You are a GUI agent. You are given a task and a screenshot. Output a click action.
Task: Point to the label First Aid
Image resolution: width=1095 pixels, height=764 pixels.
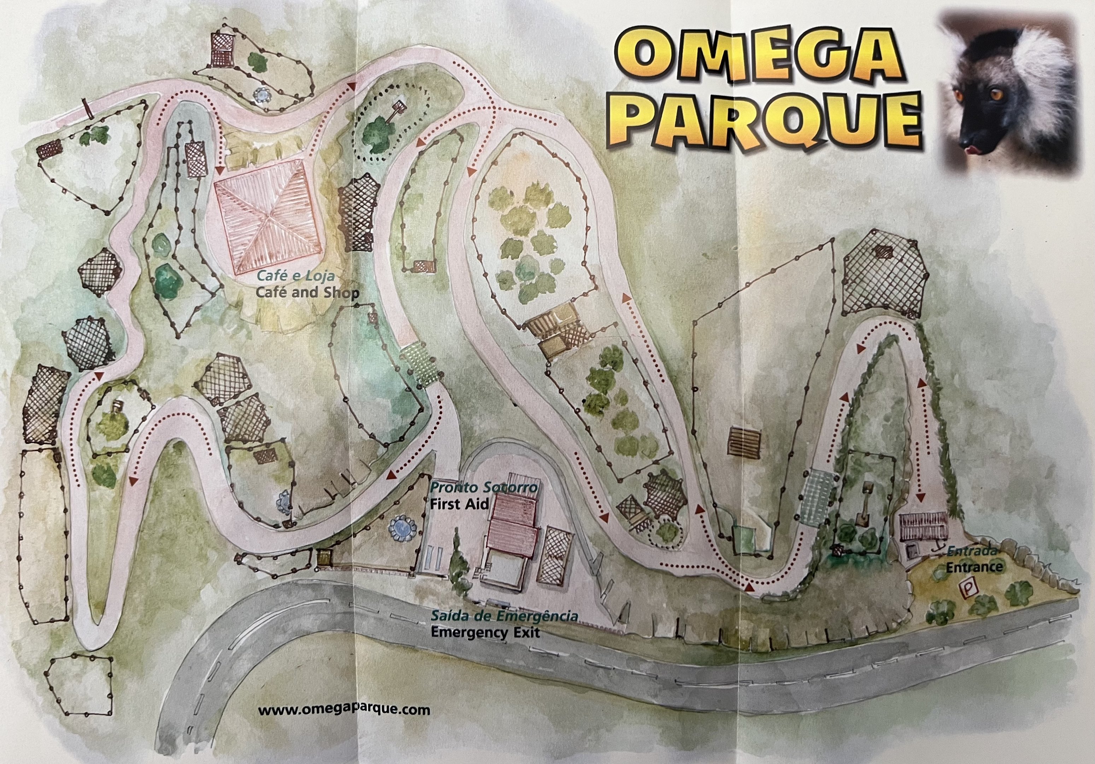coord(459,504)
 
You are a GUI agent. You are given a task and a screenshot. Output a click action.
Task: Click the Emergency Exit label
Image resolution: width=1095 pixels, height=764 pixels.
coord(485,633)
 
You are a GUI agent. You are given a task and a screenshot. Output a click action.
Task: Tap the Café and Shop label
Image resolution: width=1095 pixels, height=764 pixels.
coord(307,292)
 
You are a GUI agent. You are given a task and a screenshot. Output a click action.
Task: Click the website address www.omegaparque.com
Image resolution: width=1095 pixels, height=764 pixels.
coord(344,710)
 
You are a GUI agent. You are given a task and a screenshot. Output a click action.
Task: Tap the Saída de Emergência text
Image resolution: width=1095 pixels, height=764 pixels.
coord(504,616)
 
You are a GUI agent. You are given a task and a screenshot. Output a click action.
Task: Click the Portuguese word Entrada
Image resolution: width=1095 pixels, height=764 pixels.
coord(971,551)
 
